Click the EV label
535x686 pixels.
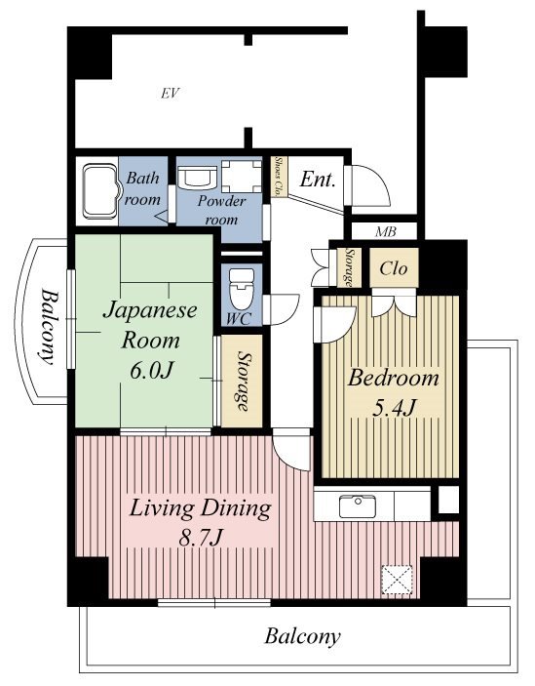[x=170, y=93]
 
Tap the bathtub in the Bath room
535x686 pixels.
[x=101, y=191]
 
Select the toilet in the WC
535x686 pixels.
[x=241, y=289]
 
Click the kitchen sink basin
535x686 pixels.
[x=358, y=506]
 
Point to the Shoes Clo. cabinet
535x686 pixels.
[x=279, y=177]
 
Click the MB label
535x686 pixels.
[x=386, y=232]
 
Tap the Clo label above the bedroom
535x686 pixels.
[x=394, y=268]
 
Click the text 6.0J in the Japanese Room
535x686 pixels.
[x=152, y=370]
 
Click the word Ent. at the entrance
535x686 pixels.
[x=318, y=180]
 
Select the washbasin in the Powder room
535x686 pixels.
[x=198, y=176]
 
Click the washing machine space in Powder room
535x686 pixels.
[x=241, y=177]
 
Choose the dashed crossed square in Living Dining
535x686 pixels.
[x=397, y=580]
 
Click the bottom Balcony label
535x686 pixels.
[x=302, y=636]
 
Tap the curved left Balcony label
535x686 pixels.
[x=48, y=326]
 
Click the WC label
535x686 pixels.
[x=239, y=319]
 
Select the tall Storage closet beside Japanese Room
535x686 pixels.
[x=242, y=381]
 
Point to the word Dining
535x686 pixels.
[x=236, y=509]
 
